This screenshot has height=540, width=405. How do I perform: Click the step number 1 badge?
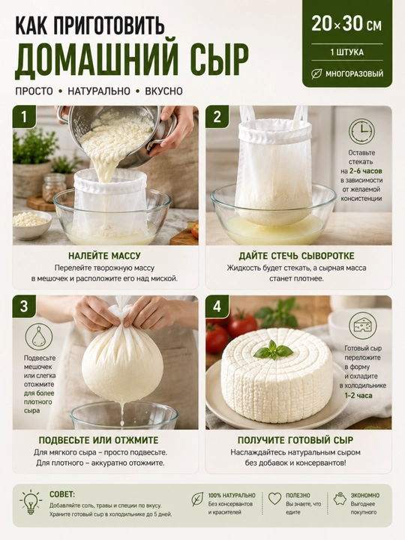[24, 117]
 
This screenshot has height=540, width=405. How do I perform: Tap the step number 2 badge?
[217, 117]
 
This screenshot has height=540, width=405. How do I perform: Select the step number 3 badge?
[24, 306]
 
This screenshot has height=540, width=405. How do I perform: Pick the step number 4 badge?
[217, 306]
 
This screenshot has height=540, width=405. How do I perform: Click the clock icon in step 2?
[361, 131]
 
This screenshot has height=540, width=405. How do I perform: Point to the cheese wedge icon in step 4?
[362, 325]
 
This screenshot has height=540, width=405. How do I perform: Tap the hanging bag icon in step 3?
[38, 337]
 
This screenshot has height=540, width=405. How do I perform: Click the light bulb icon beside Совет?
[31, 502]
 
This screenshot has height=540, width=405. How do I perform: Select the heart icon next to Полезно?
[274, 498]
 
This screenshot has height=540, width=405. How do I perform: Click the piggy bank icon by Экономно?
[340, 498]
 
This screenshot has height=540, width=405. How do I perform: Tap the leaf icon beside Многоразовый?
[316, 73]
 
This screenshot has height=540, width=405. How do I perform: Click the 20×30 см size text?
[346, 24]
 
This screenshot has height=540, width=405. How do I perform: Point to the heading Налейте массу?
[104, 256]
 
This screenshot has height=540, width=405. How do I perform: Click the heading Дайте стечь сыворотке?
[296, 256]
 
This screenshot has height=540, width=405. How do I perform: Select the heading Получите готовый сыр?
[295, 440]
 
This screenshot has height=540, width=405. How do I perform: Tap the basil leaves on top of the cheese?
[273, 350]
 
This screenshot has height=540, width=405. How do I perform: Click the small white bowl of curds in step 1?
[32, 224]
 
